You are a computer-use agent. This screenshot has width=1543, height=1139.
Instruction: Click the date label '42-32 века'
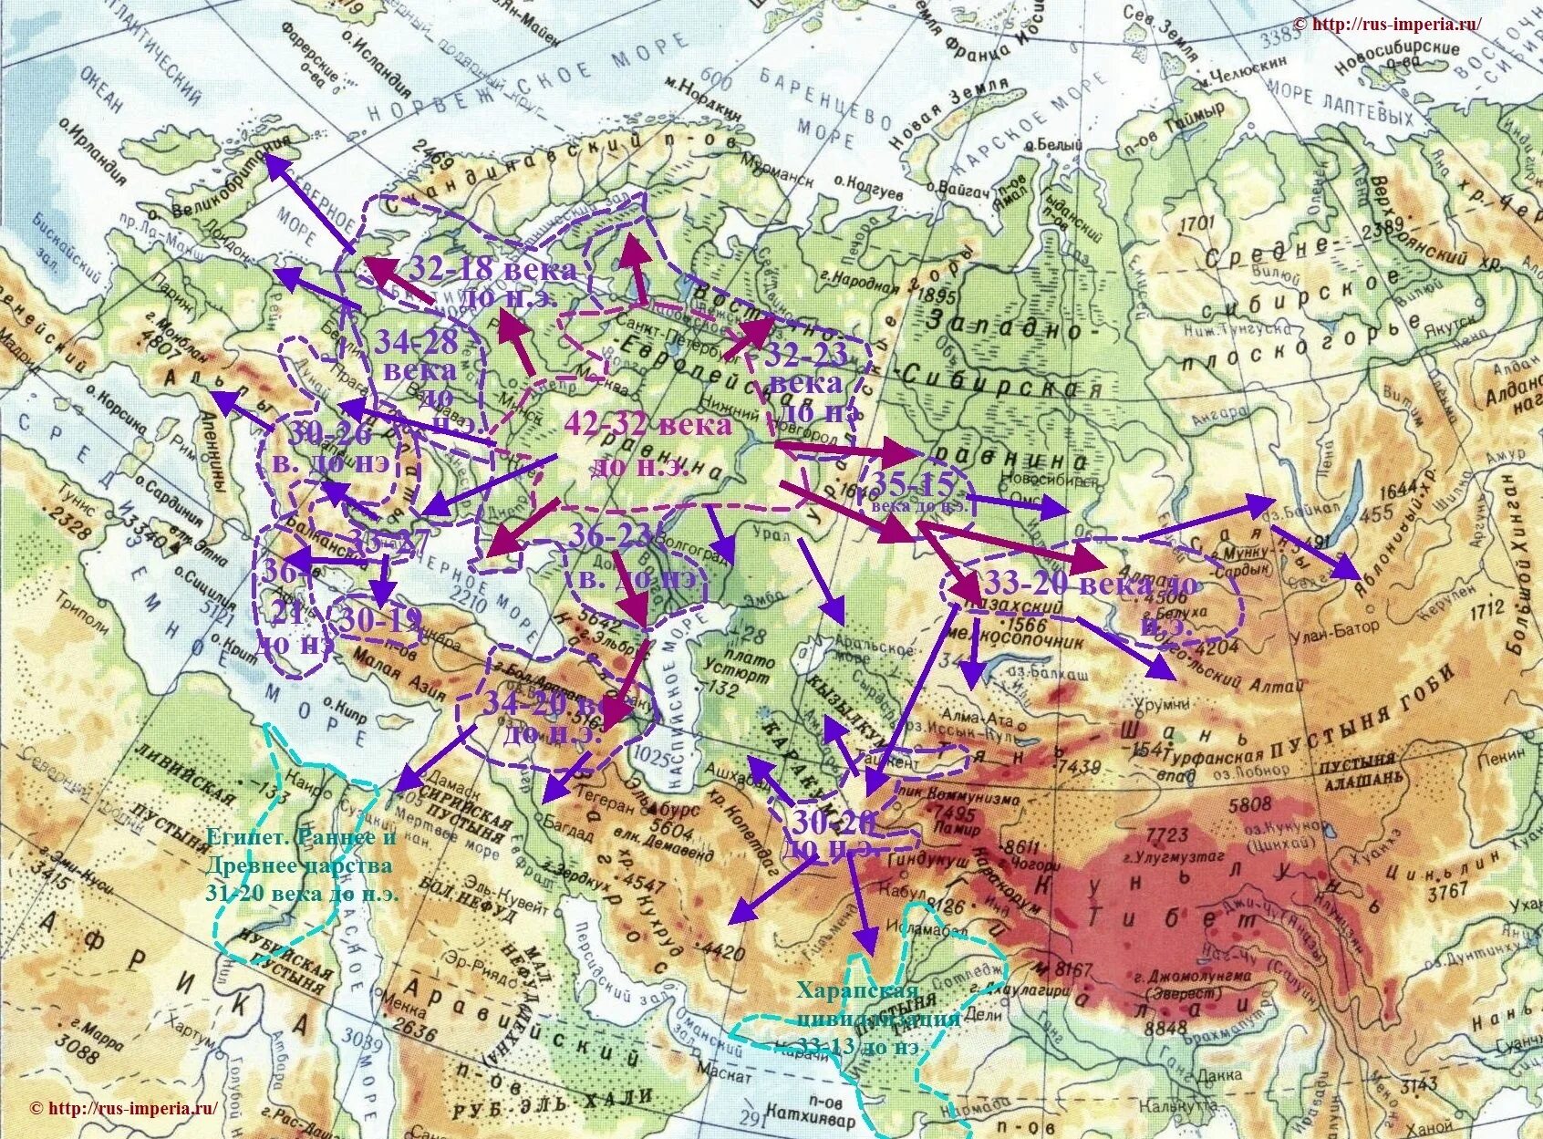pos(647,425)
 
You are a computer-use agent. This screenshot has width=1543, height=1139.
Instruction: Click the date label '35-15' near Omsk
pos(912,483)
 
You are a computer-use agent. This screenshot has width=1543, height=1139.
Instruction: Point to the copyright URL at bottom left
pos(123,1109)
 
